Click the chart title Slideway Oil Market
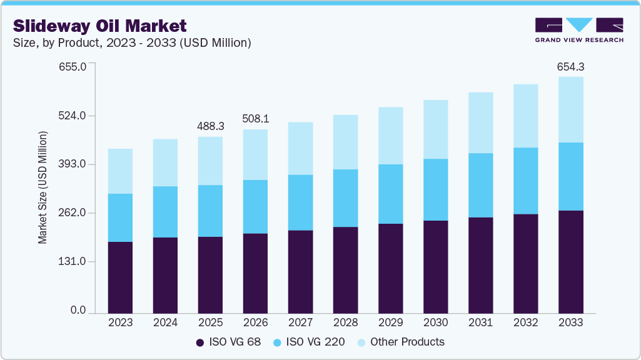click(100, 26)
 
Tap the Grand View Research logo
click(578, 30)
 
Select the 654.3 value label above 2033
click(570, 66)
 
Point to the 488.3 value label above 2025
click(210, 126)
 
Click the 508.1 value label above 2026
click(255, 118)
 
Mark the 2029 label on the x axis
click(390, 322)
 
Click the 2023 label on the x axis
click(120, 322)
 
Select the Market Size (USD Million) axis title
click(43, 187)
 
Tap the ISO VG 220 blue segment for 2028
click(345, 197)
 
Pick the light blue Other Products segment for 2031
click(480, 122)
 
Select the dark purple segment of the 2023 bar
click(120, 277)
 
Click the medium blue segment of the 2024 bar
click(165, 211)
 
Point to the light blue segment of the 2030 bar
click(435, 129)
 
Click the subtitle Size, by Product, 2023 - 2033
click(132, 42)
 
